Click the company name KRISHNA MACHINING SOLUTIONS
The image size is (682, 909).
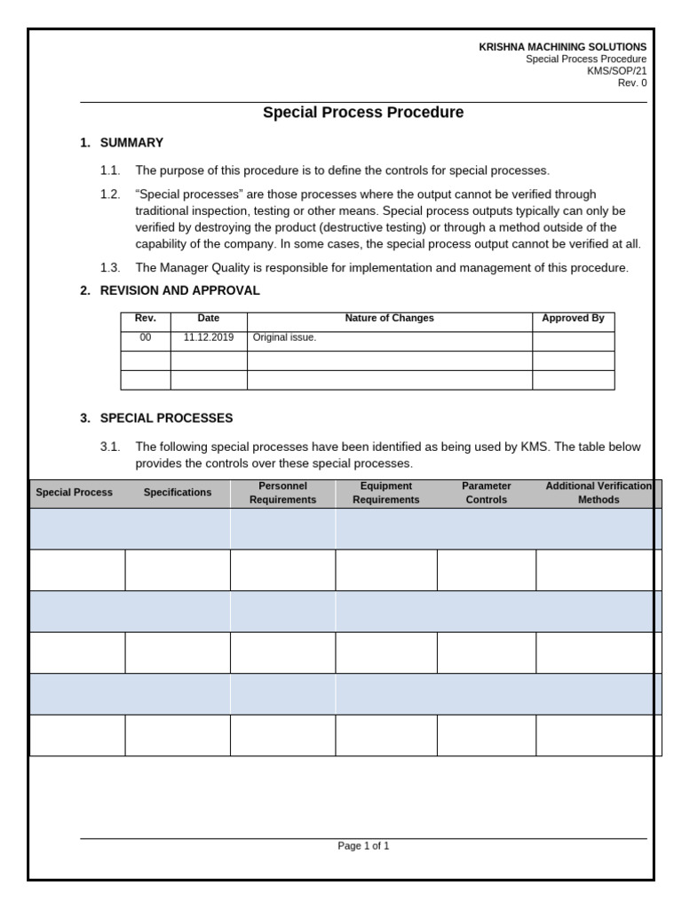pyautogui.click(x=563, y=46)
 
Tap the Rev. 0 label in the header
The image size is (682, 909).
pyautogui.click(x=632, y=83)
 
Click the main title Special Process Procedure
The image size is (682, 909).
pyautogui.click(x=363, y=113)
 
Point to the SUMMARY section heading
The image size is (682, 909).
pyautogui.click(x=131, y=143)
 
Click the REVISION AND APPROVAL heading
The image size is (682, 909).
pyautogui.click(x=180, y=290)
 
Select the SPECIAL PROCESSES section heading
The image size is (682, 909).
pyautogui.click(x=166, y=417)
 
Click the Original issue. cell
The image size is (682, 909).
pyautogui.click(x=284, y=338)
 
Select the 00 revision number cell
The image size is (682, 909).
pyautogui.click(x=145, y=338)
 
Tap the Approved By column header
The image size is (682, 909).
pyautogui.click(x=573, y=319)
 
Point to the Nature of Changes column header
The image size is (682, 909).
pyautogui.click(x=389, y=319)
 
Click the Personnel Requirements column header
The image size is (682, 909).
pyautogui.click(x=282, y=494)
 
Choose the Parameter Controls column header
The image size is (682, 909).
pyautogui.click(x=486, y=494)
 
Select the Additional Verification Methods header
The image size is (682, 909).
pyautogui.click(x=598, y=494)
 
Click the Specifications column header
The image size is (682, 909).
pyautogui.click(x=178, y=493)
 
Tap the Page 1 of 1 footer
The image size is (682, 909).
pyautogui.click(x=363, y=847)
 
